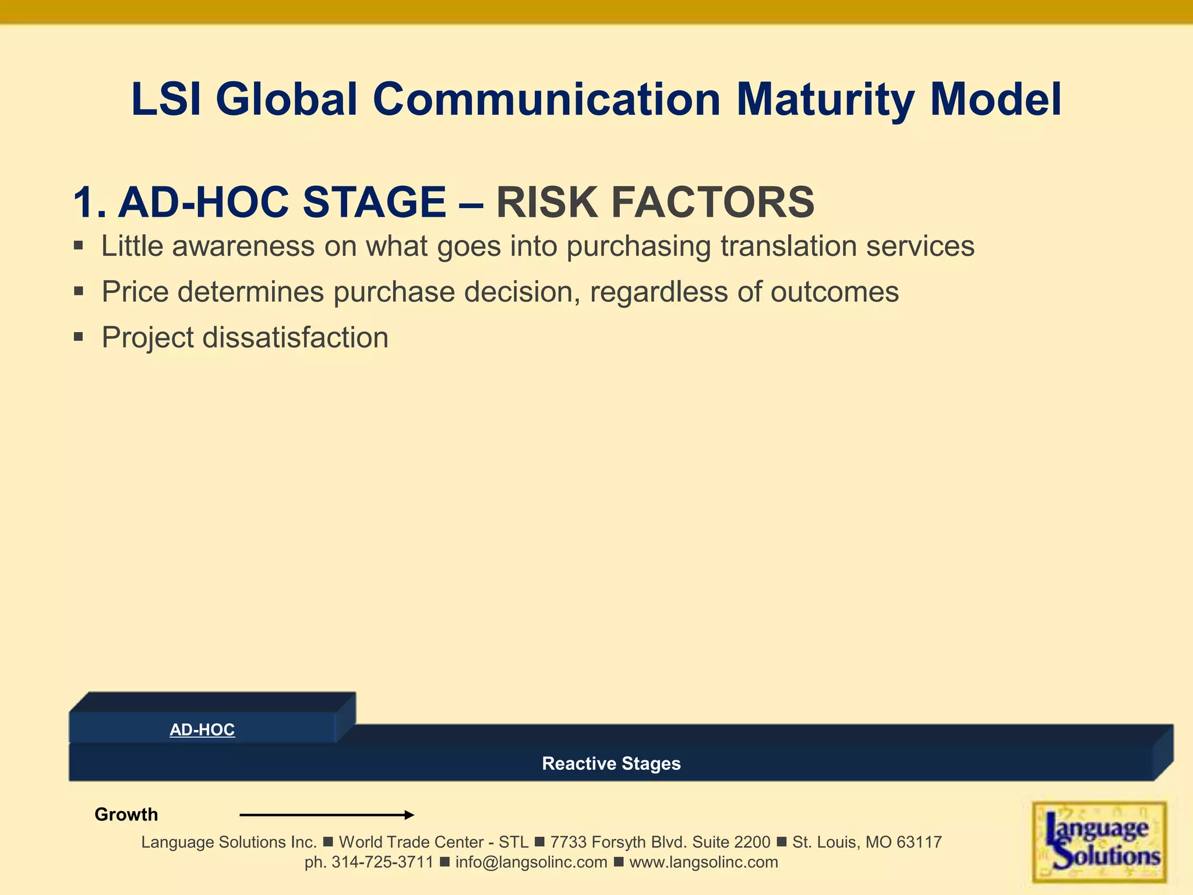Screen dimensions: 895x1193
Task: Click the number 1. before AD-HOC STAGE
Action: tap(89, 203)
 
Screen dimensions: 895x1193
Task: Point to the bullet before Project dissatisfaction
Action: tap(79, 337)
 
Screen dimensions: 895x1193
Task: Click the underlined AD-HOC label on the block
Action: tap(202, 730)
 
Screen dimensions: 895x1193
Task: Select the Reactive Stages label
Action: tap(611, 763)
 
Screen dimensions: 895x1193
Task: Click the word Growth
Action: tap(126, 815)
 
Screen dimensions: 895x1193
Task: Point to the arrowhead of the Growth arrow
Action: tap(410, 815)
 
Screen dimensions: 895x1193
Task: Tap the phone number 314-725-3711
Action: tap(382, 862)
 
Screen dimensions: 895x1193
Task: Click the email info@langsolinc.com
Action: tap(531, 862)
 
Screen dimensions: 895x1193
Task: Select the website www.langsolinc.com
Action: tap(704, 862)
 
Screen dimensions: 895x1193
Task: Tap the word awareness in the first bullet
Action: tap(243, 246)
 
